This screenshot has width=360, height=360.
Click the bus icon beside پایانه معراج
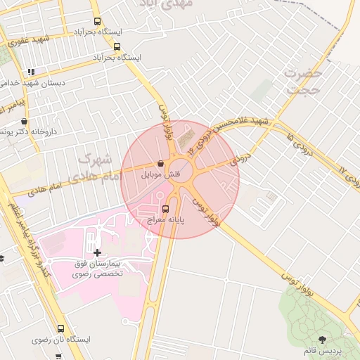166,209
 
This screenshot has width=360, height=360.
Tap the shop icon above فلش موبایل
162,163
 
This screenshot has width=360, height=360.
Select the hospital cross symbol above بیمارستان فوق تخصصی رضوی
96,252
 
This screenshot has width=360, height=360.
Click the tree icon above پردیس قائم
323,340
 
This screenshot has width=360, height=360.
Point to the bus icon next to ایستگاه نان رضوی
60,328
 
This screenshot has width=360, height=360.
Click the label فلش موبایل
162,174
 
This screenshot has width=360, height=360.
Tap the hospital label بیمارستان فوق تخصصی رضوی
97,268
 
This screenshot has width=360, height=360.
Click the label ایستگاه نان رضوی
61,340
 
